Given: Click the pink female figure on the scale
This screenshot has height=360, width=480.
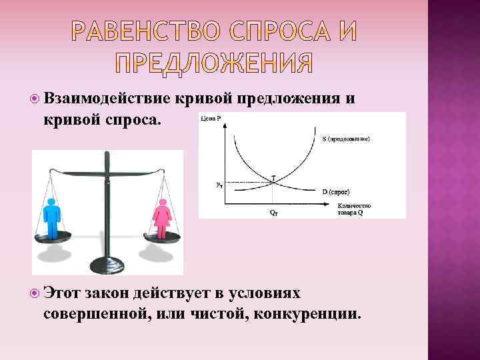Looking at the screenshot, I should (x=162, y=217).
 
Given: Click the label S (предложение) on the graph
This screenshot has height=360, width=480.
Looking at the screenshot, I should (x=346, y=140).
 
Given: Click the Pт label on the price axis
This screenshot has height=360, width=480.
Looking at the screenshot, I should (x=220, y=185).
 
